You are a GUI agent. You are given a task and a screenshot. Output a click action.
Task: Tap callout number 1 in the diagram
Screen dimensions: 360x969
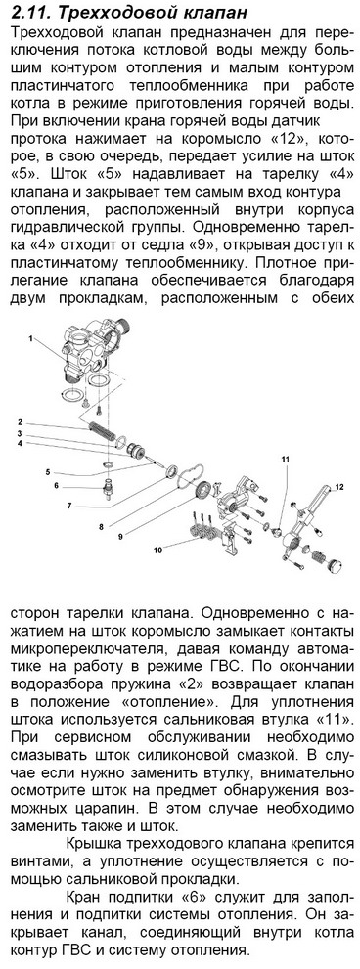point(28,339)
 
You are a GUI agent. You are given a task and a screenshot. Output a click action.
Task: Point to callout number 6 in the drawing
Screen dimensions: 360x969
point(56,486)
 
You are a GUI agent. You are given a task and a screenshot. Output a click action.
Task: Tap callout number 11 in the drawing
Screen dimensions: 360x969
point(285,460)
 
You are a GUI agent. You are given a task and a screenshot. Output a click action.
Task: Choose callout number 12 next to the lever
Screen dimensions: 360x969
point(338,488)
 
